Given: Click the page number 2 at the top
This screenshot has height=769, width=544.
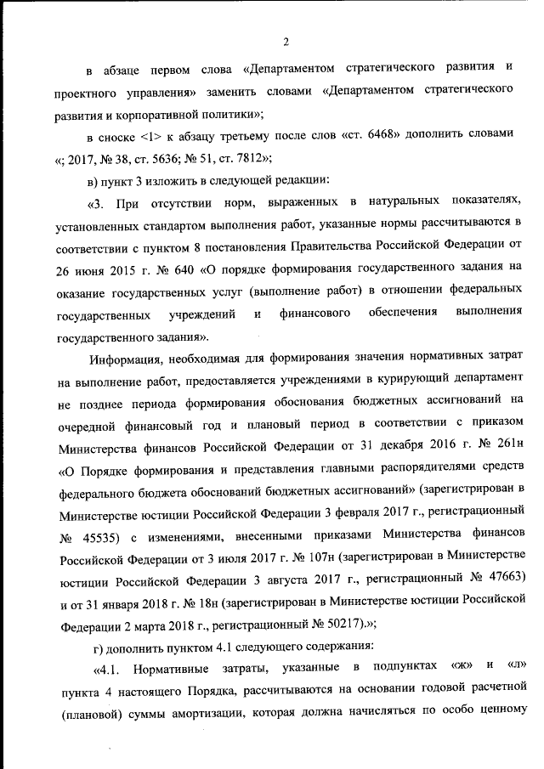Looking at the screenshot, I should point(286,42).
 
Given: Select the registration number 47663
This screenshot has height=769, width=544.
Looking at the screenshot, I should point(507,582).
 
